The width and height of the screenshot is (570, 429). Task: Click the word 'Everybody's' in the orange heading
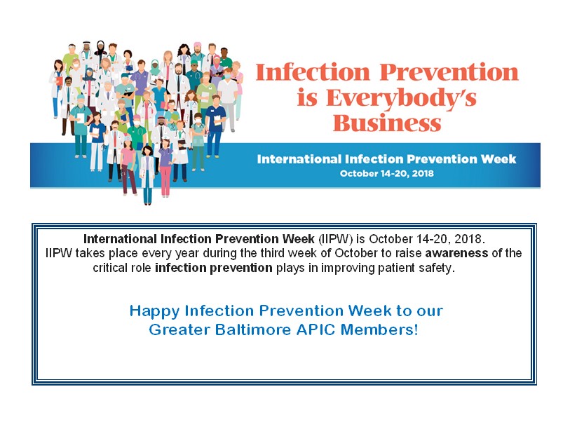400,99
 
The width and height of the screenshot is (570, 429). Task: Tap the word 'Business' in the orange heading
387,123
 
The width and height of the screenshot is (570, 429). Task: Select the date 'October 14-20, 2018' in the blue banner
387,173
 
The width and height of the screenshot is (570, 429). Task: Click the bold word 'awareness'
456,253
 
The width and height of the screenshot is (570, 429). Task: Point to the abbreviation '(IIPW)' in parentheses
336,239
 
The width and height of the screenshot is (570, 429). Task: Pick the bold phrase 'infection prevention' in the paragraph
213,268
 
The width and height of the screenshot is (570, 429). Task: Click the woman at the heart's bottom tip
147,175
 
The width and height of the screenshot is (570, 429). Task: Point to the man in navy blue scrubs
215,125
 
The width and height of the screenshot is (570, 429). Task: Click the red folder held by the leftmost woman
60,81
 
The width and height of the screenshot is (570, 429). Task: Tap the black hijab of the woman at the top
101,48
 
